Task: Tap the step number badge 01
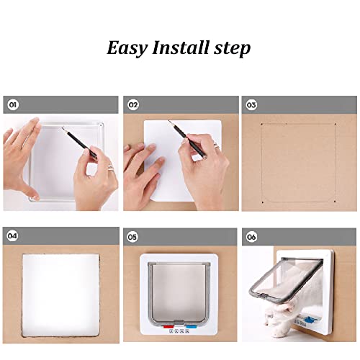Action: (12, 104)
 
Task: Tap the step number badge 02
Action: (133, 104)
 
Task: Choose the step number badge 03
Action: (251, 104)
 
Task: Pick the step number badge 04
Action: (12, 235)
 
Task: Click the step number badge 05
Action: (133, 235)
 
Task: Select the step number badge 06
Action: (251, 235)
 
